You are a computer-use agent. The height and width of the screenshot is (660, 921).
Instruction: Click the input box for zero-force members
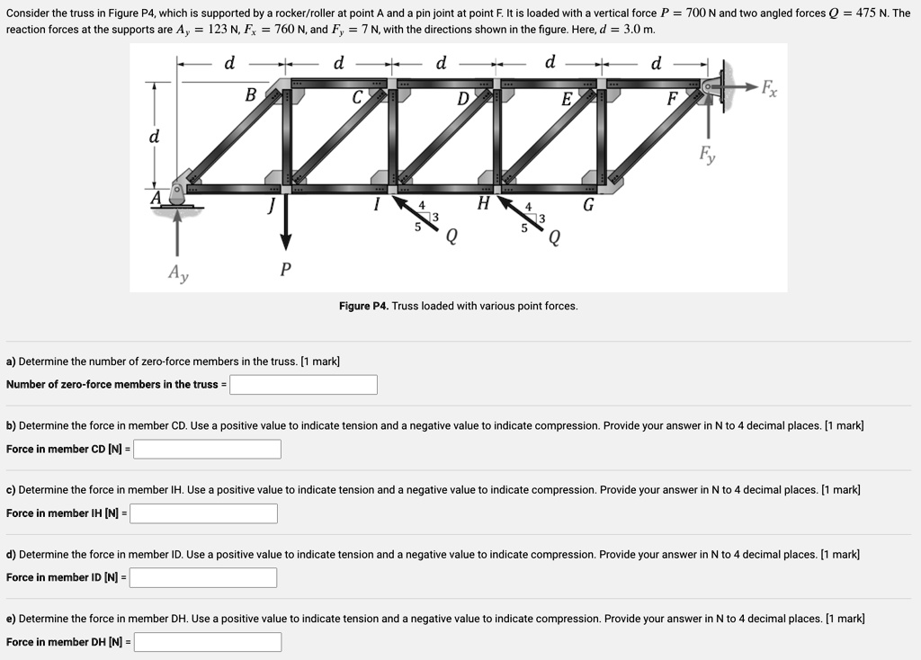pos(303,385)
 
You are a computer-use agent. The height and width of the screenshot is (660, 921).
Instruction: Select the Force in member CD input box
pos(208,449)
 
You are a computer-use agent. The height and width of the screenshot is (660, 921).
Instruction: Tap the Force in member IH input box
pos(203,513)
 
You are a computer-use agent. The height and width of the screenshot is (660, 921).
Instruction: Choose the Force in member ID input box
pos(203,577)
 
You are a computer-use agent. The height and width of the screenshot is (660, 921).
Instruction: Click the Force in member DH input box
pos(208,642)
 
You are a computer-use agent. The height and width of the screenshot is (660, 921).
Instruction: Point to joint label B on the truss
pos(250,95)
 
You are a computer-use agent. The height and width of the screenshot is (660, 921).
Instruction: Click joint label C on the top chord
pos(357,97)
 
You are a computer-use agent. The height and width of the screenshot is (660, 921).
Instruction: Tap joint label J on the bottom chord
pos(269,206)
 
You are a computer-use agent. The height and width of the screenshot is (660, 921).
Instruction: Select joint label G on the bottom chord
pos(588,205)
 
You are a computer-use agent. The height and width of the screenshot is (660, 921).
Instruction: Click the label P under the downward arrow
pos(285,269)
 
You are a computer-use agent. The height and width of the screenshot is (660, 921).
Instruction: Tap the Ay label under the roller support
pos(178,273)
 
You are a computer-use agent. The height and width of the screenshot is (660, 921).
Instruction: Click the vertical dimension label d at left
pos(154,138)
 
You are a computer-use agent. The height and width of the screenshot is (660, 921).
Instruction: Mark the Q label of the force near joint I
pos(451,237)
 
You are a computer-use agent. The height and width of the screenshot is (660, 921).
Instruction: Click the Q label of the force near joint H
pos(554,237)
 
